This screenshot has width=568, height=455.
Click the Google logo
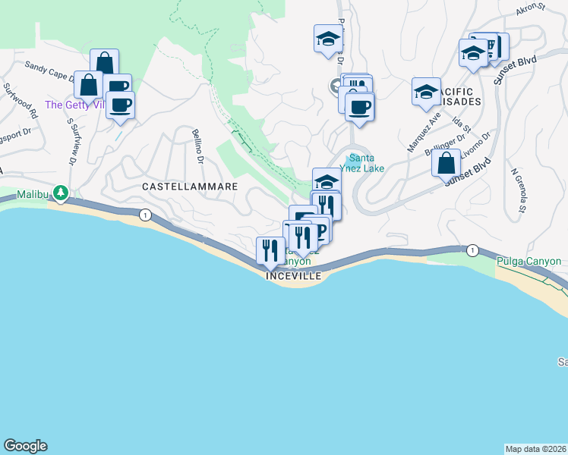25,446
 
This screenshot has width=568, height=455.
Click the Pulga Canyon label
529,262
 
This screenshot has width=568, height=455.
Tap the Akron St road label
531,8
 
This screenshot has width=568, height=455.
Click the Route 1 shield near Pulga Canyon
472,250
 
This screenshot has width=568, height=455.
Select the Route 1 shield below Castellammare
144,215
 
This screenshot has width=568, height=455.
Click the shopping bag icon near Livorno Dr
447,162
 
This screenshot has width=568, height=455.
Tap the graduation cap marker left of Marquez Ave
426,91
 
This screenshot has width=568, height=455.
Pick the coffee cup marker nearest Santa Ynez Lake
360,106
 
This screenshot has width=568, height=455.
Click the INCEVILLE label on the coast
295,277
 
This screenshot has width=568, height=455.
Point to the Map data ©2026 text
536,449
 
